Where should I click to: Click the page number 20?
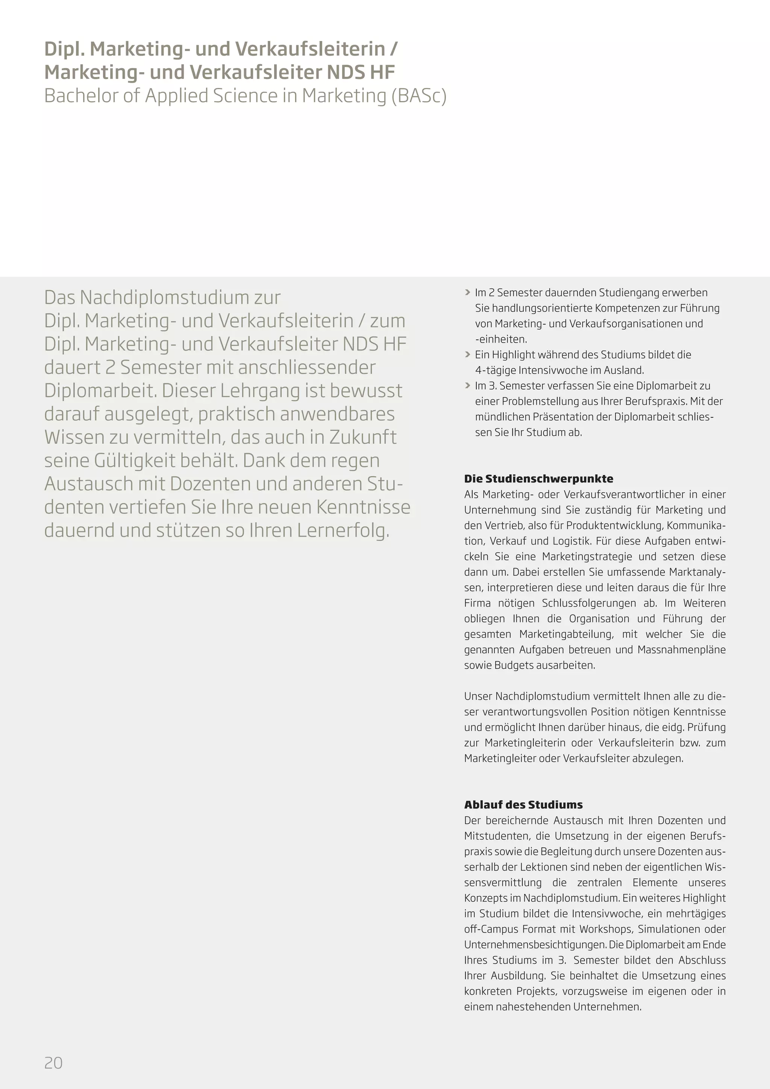click(x=53, y=1063)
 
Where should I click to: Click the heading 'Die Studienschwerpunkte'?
click(x=539, y=479)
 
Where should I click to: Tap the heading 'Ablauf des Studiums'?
click(x=523, y=804)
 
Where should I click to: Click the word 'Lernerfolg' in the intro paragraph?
click(x=343, y=530)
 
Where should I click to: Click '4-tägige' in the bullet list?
click(x=495, y=370)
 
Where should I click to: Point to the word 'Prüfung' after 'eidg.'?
click(x=706, y=728)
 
